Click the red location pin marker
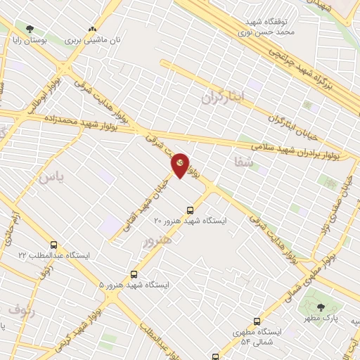pyautogui.click(x=181, y=165)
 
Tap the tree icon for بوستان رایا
pyautogui.click(x=29, y=30)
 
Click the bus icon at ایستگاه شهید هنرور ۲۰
pyautogui.click(x=190, y=210)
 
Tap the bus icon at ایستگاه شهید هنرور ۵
pyautogui.click(x=134, y=275)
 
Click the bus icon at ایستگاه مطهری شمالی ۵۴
pyautogui.click(x=257, y=321)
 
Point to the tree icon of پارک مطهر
pyautogui.click(x=321, y=307)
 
